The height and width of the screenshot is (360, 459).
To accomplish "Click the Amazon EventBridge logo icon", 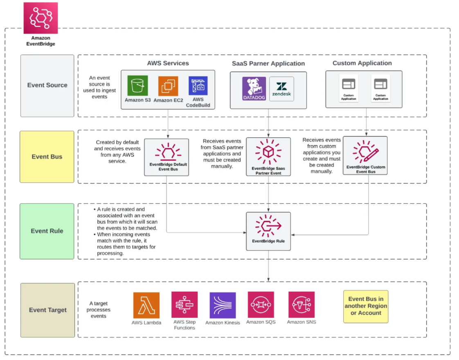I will click(x=40, y=18).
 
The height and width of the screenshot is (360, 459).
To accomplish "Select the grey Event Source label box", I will click(x=47, y=85).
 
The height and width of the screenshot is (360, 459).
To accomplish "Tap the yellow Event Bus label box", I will click(x=47, y=157).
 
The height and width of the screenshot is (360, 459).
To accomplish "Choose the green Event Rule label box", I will click(x=47, y=231).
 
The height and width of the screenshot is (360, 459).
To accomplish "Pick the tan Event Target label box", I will click(x=47, y=310).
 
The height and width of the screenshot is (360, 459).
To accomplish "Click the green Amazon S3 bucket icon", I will click(x=137, y=86).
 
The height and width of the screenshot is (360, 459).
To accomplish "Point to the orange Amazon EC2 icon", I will click(x=168, y=86).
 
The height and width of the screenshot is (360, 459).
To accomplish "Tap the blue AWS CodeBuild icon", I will click(x=198, y=86).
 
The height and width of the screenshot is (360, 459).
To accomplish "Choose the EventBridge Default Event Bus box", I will click(x=166, y=157).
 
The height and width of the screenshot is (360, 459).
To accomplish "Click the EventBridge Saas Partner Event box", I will click(x=268, y=157).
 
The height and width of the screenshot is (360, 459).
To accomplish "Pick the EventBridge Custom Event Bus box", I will click(x=365, y=155).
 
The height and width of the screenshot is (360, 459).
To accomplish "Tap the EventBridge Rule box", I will click(x=268, y=231).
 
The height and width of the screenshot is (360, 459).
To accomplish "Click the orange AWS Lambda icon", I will click(x=146, y=305).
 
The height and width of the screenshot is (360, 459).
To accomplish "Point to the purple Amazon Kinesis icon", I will click(x=223, y=305).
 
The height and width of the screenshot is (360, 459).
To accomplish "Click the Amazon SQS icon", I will click(x=261, y=304).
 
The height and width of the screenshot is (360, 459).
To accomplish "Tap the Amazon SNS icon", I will click(x=301, y=304).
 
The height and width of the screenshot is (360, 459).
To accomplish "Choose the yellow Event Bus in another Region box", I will click(x=366, y=306).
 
